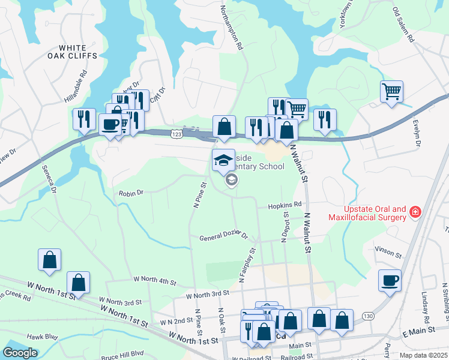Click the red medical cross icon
click(x=414, y=212)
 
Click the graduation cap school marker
click(x=223, y=160)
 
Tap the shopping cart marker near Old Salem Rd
click(x=391, y=92)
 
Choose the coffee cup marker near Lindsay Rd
click(x=390, y=280)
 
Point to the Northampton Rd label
click(x=231, y=27)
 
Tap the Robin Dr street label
click(x=131, y=193)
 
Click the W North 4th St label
click(x=155, y=280)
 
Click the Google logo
click(x=20, y=353)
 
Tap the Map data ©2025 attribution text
click(x=423, y=355)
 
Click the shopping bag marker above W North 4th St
click(x=49, y=260)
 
